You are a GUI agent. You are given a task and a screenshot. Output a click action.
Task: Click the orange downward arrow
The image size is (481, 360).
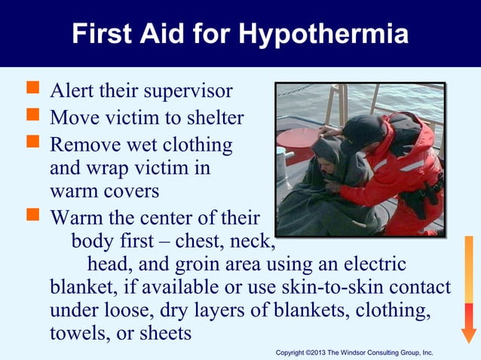469,290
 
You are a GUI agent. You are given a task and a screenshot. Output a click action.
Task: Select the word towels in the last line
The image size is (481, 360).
78,334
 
